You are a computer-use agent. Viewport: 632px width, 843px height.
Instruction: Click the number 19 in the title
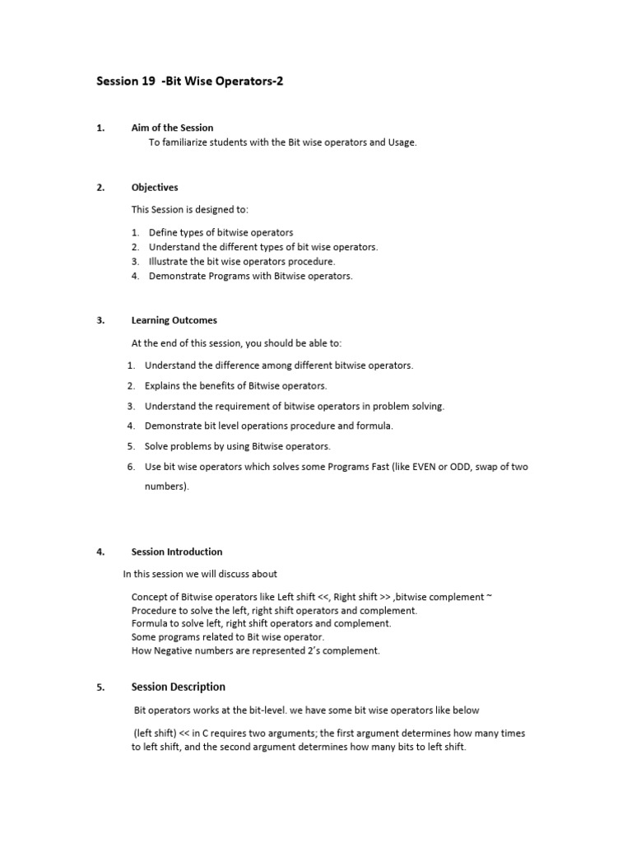146,82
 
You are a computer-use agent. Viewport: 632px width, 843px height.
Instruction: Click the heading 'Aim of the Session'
172,128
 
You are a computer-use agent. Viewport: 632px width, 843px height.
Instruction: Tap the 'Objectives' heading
155,187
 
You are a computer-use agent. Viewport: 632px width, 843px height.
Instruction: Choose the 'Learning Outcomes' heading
174,320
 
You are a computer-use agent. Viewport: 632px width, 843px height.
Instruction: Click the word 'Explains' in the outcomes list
163,385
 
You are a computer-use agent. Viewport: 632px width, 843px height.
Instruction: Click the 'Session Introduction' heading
177,552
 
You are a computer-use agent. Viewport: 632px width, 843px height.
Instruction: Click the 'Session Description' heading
178,687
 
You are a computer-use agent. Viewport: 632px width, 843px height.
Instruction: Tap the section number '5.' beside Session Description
100,687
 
